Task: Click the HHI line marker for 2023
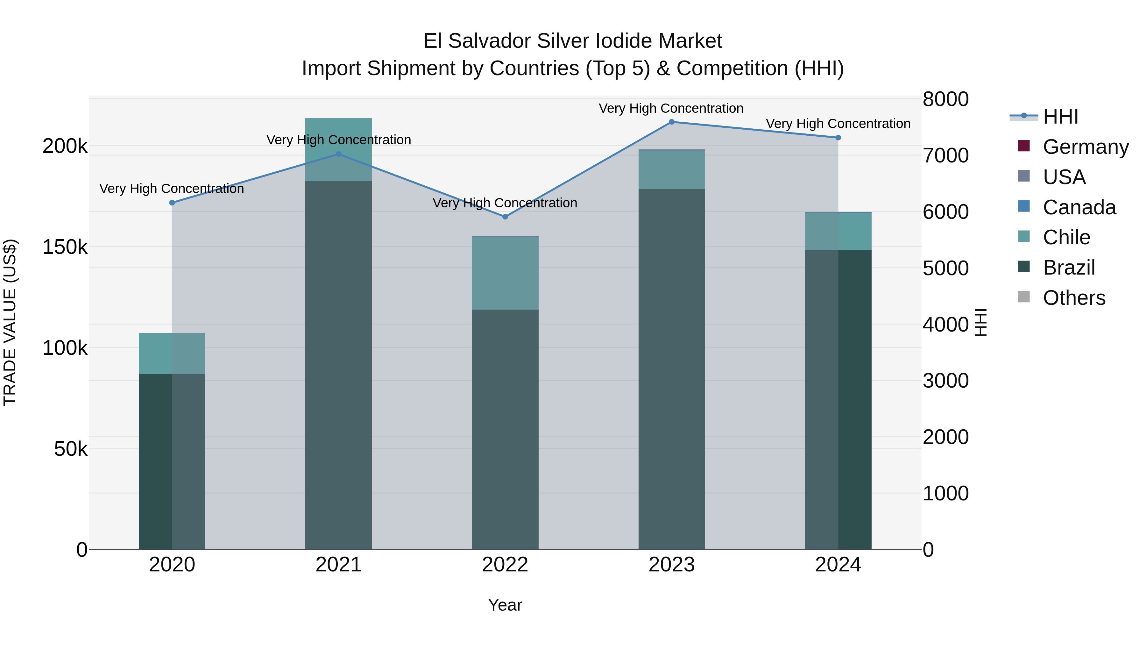click(672, 122)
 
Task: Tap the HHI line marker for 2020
click(172, 203)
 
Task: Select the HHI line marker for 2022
click(505, 217)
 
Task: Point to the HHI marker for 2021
click(339, 154)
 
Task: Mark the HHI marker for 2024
click(838, 138)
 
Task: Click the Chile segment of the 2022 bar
click(505, 272)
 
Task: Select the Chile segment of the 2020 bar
click(172, 354)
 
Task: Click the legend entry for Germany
click(1086, 147)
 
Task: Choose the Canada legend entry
click(1079, 207)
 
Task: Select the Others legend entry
click(1074, 298)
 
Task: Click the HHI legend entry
click(1061, 117)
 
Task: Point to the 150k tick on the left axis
click(65, 247)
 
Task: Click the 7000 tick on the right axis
click(945, 155)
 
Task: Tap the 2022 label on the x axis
click(505, 565)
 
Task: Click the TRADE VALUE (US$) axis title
click(10, 322)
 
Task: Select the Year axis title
click(505, 605)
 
